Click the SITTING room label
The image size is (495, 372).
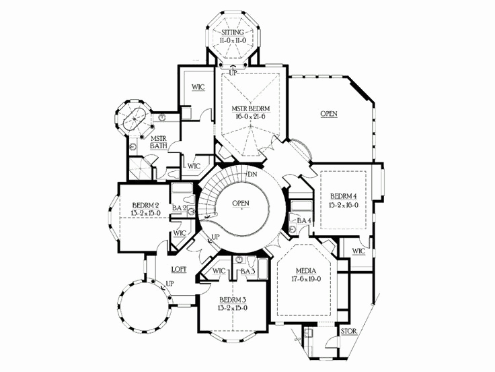point(232,32)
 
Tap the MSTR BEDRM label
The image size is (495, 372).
point(247,108)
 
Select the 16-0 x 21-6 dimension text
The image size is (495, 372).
point(247,117)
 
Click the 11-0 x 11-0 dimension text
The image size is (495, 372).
point(232,40)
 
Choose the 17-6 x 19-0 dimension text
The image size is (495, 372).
point(307,278)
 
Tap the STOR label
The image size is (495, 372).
point(348,332)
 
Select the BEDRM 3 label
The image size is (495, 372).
point(233,300)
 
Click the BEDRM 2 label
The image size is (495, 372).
point(145,206)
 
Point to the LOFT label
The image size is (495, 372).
point(178,269)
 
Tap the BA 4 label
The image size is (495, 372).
point(304,220)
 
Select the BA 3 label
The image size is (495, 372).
point(248,272)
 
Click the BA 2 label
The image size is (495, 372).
point(179,208)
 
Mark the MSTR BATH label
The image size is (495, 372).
point(159,141)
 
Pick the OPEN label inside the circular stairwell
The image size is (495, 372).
point(241,203)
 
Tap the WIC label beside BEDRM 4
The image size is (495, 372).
point(358,251)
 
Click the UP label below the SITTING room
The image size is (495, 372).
point(233,72)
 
